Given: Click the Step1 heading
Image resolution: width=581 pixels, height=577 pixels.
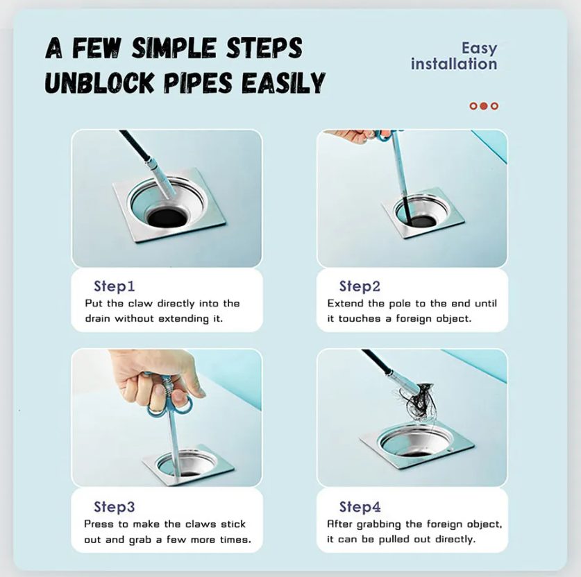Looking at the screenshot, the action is (x=114, y=286).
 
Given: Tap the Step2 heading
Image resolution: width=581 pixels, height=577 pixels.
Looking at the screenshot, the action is (x=360, y=286).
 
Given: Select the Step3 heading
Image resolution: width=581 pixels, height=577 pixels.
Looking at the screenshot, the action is (x=114, y=507).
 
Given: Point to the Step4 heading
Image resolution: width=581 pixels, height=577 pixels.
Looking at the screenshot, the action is (x=360, y=507).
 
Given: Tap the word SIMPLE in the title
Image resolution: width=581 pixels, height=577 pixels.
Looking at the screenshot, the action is (x=174, y=48).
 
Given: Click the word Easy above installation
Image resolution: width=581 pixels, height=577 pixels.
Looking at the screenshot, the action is (x=479, y=49).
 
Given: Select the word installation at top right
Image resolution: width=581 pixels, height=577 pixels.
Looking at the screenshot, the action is (x=454, y=64).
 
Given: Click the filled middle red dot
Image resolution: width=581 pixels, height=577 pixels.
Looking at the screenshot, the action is (x=483, y=106).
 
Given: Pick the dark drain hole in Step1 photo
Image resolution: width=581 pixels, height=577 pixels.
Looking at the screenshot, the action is (x=167, y=217).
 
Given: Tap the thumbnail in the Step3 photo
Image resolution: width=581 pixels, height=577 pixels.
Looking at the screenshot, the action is (x=159, y=390).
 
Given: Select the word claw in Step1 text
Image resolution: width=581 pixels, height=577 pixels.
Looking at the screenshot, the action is (x=140, y=304).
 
